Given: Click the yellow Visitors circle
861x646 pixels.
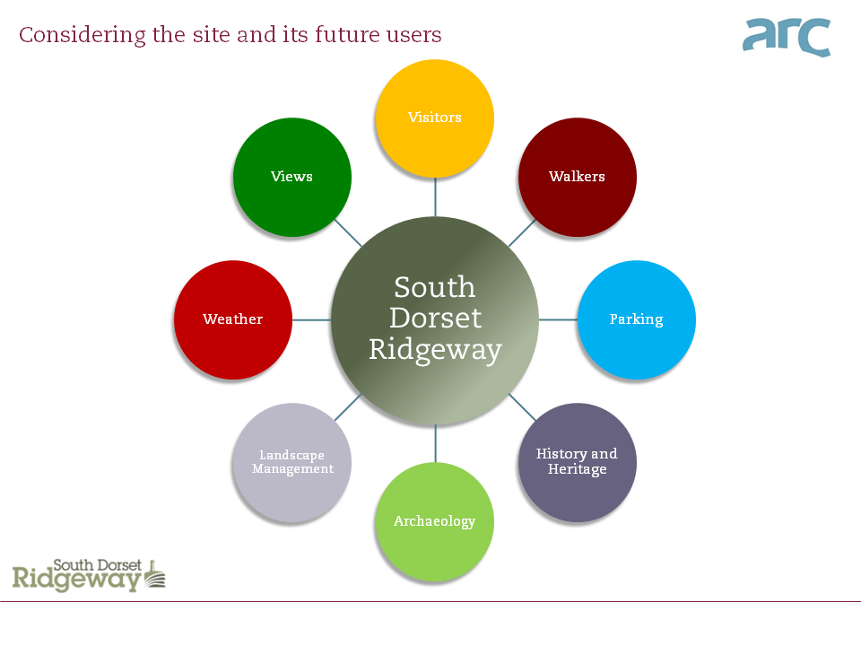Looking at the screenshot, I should (435, 118).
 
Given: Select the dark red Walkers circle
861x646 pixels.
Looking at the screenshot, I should (578, 177).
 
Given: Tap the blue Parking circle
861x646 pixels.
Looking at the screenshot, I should (636, 319).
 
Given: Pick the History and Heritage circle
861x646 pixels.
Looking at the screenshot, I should (578, 462).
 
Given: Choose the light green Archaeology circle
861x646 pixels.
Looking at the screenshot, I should (435, 521).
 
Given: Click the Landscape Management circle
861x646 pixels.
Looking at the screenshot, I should (292, 462).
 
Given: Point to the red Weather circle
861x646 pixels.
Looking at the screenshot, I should (233, 319).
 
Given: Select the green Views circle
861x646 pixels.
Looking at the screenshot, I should (292, 177).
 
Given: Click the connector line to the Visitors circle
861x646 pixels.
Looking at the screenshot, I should (435, 196).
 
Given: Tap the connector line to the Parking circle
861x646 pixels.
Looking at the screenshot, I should (557, 319).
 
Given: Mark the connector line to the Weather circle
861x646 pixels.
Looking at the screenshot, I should (312, 319).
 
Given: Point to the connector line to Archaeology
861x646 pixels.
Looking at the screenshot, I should (435, 443).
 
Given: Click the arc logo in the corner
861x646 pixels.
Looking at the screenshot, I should (787, 37).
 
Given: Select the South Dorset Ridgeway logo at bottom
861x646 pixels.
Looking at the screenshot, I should (89, 574).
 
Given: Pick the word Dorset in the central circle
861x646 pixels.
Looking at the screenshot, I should (435, 318).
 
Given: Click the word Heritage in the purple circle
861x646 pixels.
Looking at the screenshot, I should (578, 469).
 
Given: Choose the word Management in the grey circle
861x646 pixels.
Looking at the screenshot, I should (292, 469).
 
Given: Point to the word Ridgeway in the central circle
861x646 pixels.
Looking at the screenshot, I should (435, 349).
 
